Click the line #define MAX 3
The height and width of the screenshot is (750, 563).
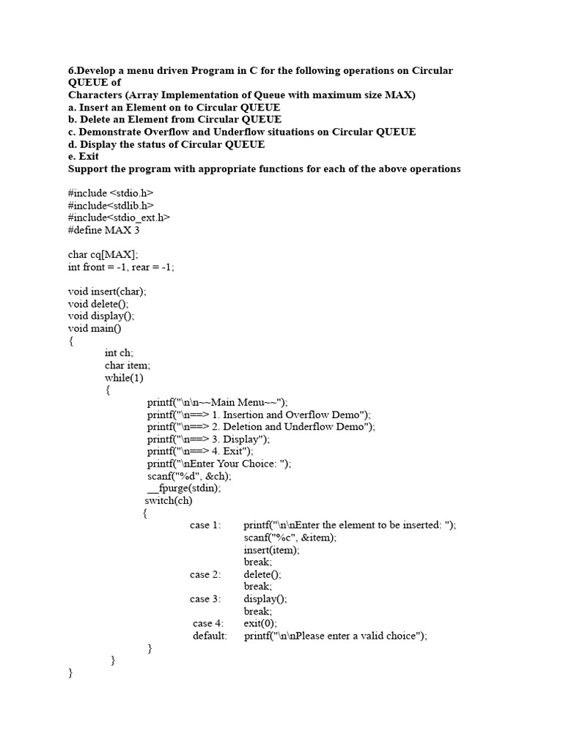[103, 230]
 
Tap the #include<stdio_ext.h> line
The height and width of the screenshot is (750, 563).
[119, 218]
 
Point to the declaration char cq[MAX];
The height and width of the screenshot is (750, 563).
[103, 255]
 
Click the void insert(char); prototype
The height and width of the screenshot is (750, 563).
[107, 292]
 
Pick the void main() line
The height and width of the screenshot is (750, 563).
[95, 328]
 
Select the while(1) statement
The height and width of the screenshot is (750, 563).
[124, 378]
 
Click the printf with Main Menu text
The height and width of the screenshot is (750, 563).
[218, 402]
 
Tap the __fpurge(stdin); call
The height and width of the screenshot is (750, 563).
[184, 488]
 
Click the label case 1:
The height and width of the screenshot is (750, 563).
[205, 525]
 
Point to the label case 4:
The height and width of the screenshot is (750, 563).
[208, 623]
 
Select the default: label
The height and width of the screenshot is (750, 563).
[210, 636]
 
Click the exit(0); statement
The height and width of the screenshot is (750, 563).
[260, 623]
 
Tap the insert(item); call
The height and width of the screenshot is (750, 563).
[272, 549]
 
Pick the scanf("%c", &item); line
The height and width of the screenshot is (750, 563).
[290, 538]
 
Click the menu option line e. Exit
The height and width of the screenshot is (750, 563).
[84, 157]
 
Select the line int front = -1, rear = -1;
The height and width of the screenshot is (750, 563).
[121, 267]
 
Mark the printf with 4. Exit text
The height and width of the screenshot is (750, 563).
[200, 451]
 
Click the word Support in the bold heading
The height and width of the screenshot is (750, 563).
[88, 168]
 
